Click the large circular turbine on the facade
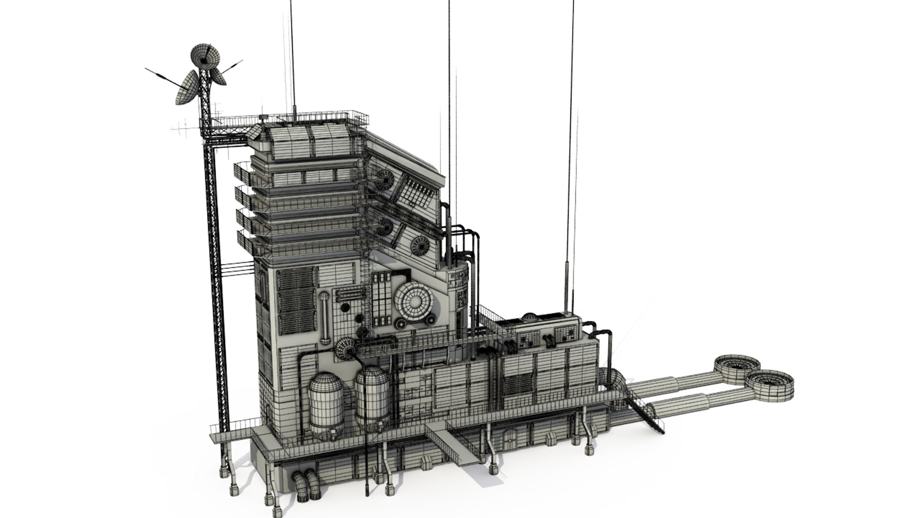415,300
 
